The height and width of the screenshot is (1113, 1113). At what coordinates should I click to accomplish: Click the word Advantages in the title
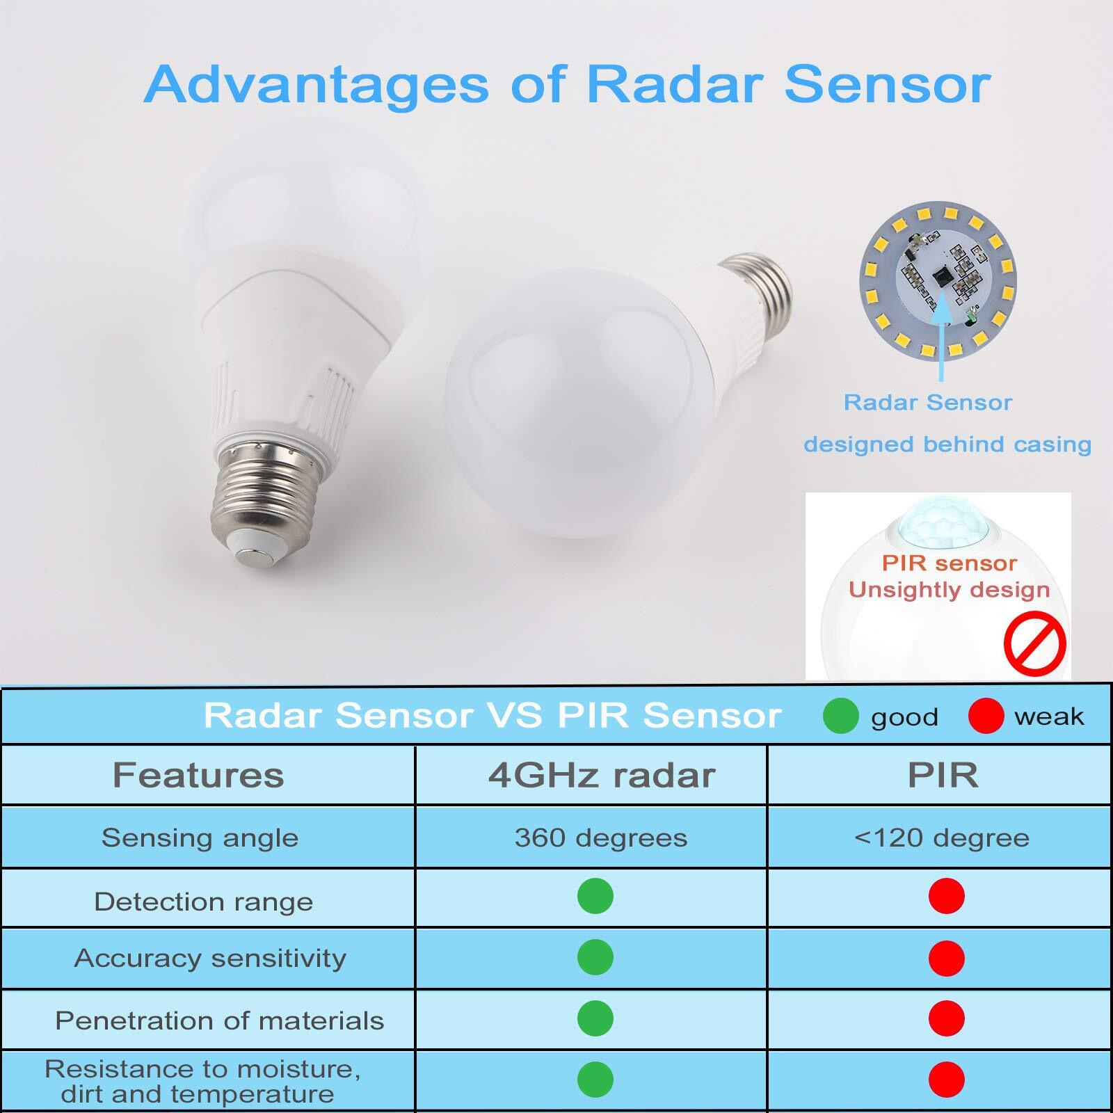[x=317, y=85]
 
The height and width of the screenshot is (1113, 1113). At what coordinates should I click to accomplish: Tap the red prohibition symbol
[x=1034, y=643]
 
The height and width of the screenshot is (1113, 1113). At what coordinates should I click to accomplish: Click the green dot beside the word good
[x=840, y=716]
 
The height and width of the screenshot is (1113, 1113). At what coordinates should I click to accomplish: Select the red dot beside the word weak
[x=986, y=716]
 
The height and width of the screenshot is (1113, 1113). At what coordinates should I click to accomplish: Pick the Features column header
[x=198, y=775]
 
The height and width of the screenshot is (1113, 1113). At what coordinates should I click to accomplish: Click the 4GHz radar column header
[x=602, y=775]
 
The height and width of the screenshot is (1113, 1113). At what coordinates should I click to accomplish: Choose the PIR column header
[x=943, y=775]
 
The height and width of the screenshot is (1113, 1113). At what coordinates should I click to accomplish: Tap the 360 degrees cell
[x=601, y=838]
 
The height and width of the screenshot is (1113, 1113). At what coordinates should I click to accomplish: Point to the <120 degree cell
[x=942, y=838]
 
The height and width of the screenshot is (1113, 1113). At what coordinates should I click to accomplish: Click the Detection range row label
[x=203, y=902]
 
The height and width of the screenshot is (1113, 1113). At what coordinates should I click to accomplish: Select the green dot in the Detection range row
[x=595, y=896]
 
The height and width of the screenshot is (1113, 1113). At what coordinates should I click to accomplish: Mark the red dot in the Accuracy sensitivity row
[x=946, y=958]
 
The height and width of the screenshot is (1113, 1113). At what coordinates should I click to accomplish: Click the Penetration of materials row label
[x=219, y=1020]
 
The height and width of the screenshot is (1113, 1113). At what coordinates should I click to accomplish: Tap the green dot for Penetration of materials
[x=595, y=1018]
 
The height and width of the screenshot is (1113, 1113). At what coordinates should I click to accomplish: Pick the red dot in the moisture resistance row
[x=946, y=1080]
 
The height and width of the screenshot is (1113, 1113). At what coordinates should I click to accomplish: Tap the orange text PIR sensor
[x=949, y=563]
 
